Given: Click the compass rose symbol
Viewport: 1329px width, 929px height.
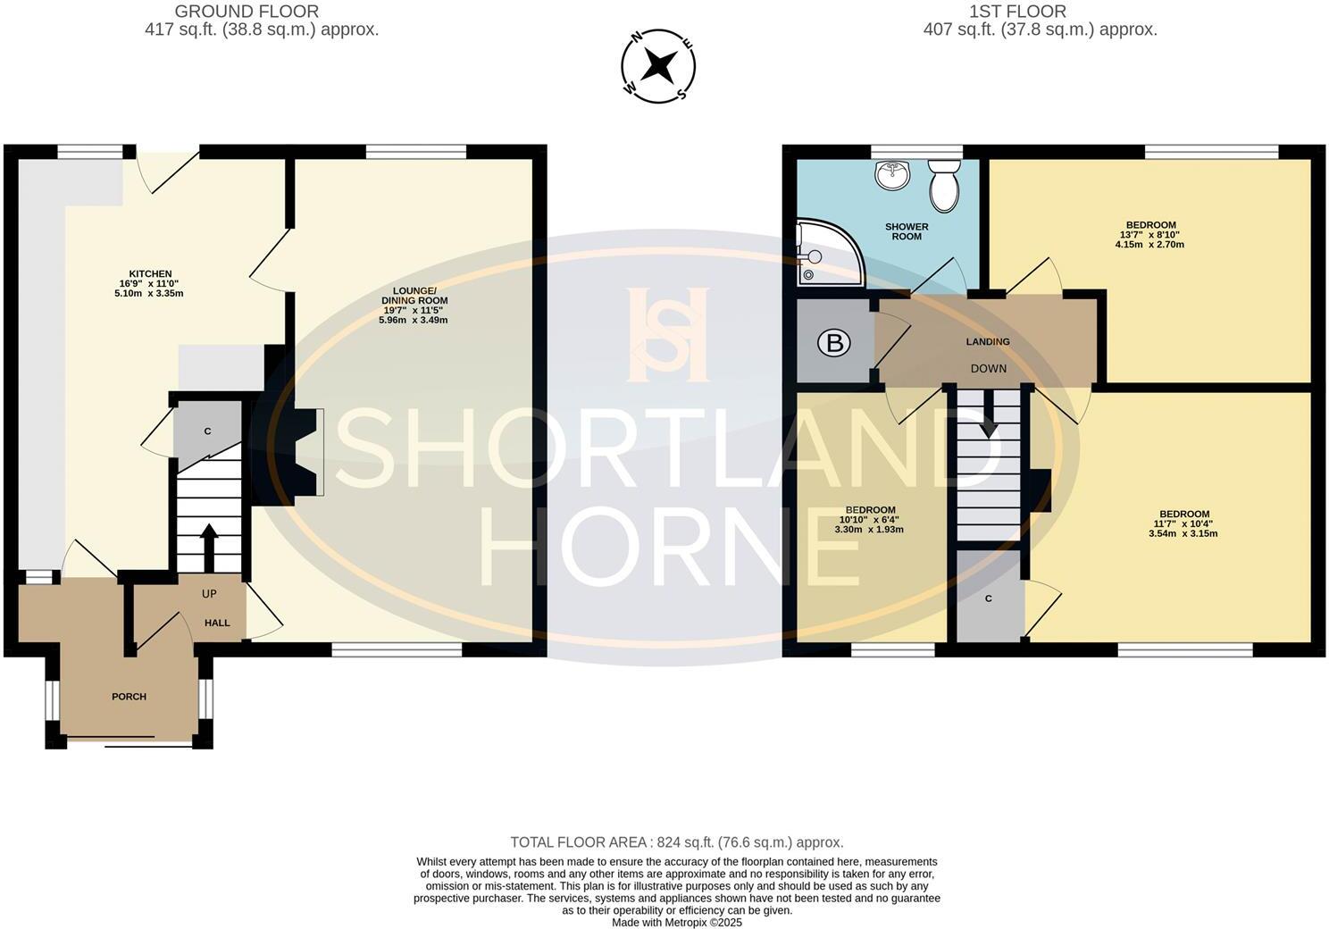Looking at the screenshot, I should tap(658, 65).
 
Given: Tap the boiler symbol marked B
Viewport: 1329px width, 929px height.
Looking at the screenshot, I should tap(834, 343).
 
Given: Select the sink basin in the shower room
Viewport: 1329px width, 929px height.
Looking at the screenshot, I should tap(891, 175).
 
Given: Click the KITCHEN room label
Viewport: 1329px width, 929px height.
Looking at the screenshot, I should tap(150, 274).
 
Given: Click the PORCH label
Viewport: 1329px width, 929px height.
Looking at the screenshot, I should tap(129, 697).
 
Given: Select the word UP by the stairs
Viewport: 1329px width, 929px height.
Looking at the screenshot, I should tap(209, 594).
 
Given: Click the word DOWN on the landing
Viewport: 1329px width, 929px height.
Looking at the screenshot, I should tap(988, 368).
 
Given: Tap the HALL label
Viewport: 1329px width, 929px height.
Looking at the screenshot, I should tap(217, 623).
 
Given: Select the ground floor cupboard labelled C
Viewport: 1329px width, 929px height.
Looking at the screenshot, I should tap(207, 431).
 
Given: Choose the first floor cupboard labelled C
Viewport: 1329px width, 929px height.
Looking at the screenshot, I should tap(988, 598).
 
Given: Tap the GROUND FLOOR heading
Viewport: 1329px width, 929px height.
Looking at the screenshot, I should tap(247, 12).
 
